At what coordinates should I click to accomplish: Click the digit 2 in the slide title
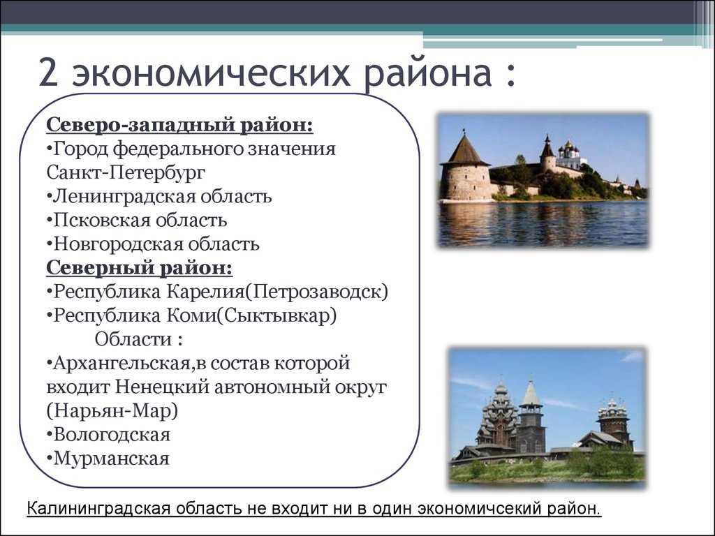tap(49, 73)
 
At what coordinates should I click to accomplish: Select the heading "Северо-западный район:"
tap(179, 126)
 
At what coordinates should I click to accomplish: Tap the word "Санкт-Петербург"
tap(126, 173)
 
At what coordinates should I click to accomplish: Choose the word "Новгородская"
tap(117, 244)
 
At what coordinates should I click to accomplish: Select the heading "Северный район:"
tap(140, 268)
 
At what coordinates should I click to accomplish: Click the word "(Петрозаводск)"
tap(316, 292)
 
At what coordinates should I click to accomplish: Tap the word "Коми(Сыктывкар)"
tap(252, 315)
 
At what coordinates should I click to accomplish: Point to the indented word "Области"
tap(133, 339)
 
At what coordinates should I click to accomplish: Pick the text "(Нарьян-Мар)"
tap(112, 410)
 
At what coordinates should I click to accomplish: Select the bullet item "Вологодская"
tap(108, 434)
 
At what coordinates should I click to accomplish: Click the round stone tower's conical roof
tap(464, 148)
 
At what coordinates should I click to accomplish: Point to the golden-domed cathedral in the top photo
tap(568, 156)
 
